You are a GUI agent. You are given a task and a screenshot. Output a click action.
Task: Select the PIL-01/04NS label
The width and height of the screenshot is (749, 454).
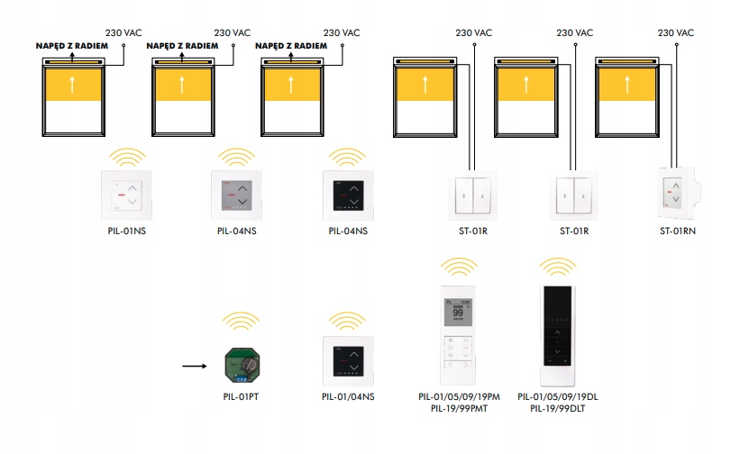tap(349, 395)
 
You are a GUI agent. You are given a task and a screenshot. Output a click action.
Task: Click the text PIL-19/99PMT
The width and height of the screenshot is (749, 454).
tap(460, 408)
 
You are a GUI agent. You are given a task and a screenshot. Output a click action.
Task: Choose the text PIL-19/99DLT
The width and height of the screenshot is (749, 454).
tap(558, 408)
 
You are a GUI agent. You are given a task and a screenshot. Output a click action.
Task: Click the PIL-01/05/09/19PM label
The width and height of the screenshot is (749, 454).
tap(460, 395)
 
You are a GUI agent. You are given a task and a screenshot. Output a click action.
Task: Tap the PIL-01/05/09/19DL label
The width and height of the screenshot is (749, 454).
tap(558, 395)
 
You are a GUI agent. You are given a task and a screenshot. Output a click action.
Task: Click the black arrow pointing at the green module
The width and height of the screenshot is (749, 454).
tap(194, 367)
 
